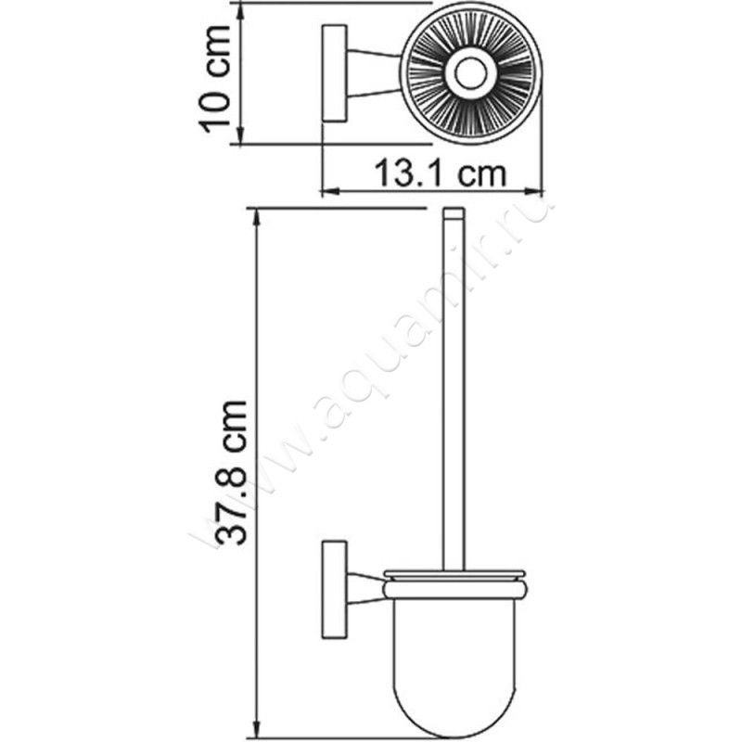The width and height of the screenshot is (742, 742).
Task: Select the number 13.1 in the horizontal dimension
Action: [x=408, y=173]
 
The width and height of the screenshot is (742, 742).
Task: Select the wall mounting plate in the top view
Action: [x=334, y=73]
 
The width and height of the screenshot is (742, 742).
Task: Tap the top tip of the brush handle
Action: [x=452, y=214]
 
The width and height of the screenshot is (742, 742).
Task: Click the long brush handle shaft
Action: [x=452, y=390]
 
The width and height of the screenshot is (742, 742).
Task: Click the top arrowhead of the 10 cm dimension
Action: [x=241, y=9]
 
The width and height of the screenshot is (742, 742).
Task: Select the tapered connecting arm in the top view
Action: [x=375, y=73]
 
